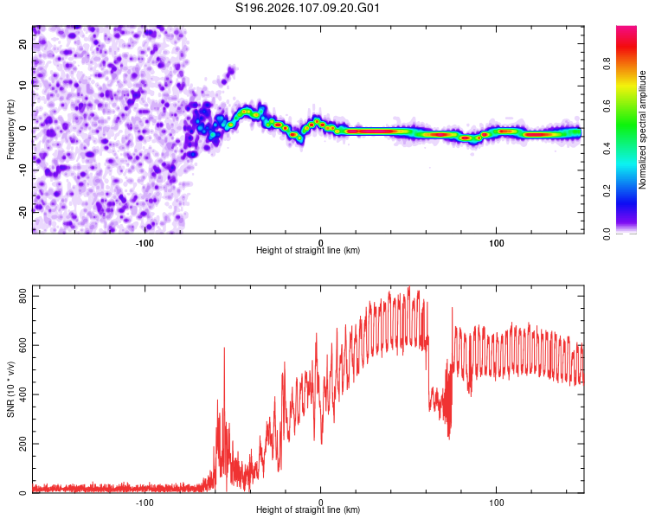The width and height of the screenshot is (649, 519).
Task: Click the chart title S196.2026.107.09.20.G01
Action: [309, 9]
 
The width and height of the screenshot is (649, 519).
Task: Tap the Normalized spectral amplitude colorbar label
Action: [643, 131]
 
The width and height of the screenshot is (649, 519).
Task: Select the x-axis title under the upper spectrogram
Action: [308, 250]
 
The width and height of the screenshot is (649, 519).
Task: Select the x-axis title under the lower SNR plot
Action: [308, 509]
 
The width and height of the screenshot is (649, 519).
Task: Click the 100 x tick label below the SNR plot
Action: [497, 501]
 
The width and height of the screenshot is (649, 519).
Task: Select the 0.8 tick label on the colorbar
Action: [631, 63]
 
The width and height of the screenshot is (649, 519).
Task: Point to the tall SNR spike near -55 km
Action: [224, 349]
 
